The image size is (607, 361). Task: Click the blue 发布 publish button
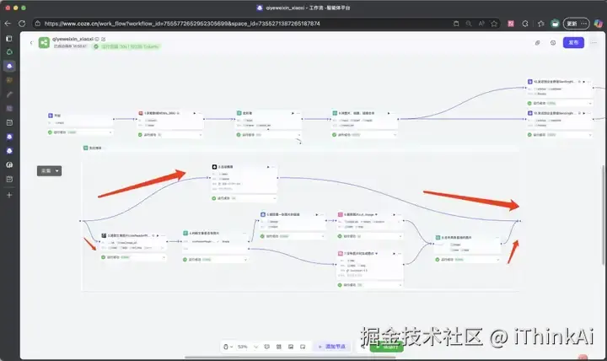pyautogui.click(x=574, y=41)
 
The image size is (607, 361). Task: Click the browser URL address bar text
pyautogui.click(x=181, y=24)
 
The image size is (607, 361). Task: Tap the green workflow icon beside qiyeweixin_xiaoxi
pyautogui.click(x=44, y=41)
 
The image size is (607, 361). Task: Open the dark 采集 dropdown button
pyautogui.click(x=50, y=170)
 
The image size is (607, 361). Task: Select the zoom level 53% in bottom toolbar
pyautogui.click(x=244, y=347)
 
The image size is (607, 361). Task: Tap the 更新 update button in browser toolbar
pyautogui.click(x=572, y=24)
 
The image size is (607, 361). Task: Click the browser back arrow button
pyautogui.click(x=8, y=24)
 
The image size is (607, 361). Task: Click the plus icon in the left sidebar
pyautogui.click(x=9, y=195)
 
